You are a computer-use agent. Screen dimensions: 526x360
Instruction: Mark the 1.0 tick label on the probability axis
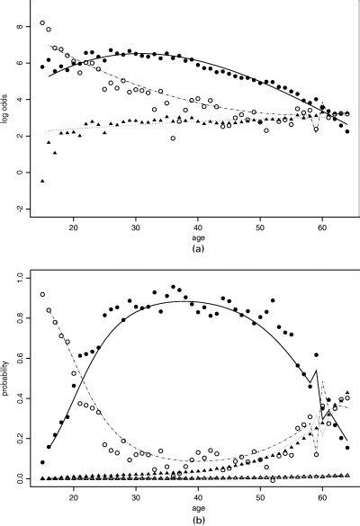[21, 280]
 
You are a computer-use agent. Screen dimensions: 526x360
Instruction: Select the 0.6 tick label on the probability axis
[21, 360]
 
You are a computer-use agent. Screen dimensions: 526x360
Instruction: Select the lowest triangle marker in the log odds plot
[42, 181]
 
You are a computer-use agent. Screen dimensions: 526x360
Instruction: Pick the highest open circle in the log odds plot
[42, 23]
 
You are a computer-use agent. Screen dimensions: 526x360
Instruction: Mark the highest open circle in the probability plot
[42, 295]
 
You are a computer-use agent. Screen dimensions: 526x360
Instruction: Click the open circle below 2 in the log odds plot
[173, 138]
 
